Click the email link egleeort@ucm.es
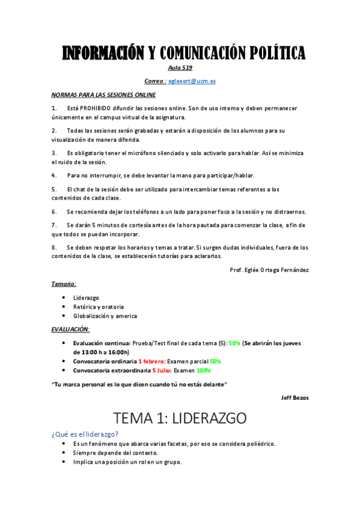pyautogui.click(x=192, y=81)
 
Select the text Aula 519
pyautogui.click(x=180, y=67)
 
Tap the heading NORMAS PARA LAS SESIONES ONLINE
pyautogui.click(x=103, y=95)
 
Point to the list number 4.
pyautogui.click(x=54, y=176)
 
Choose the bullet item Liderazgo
pyautogui.click(x=86, y=298)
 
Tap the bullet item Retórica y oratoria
pyautogui.click(x=99, y=307)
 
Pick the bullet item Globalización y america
pyautogui.click(x=105, y=316)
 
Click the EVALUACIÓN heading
pyautogui.click(x=70, y=330)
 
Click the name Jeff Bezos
pyautogui.click(x=294, y=397)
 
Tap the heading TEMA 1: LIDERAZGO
pyautogui.click(x=180, y=418)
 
